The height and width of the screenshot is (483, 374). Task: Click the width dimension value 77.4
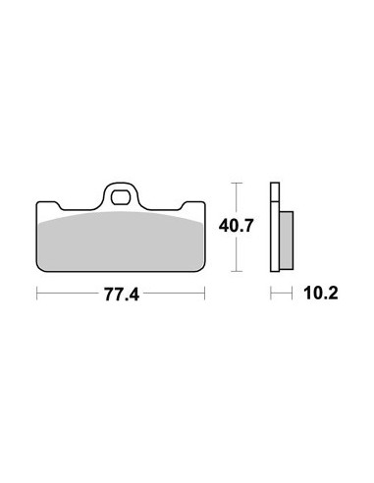point(121,293)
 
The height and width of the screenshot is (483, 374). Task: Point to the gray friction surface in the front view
point(120,241)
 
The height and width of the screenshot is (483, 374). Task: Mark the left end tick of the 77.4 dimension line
point(36,293)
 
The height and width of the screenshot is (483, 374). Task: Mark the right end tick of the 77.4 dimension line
point(205,293)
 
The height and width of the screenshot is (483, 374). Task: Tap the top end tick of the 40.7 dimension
point(235,182)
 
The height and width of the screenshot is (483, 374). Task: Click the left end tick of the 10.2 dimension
point(273,293)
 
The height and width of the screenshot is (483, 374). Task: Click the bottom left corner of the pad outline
point(38,268)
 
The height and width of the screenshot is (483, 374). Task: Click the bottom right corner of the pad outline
point(203,268)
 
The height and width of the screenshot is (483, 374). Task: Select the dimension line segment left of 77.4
point(69,293)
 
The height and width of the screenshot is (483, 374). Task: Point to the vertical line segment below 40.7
point(235,252)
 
